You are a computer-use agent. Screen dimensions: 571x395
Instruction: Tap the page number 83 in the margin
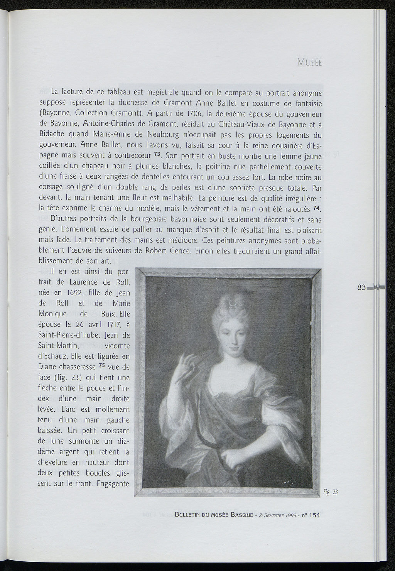coord(361,287)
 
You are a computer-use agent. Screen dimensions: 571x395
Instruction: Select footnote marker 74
coord(317,208)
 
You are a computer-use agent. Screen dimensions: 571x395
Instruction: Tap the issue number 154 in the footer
coord(314,515)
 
